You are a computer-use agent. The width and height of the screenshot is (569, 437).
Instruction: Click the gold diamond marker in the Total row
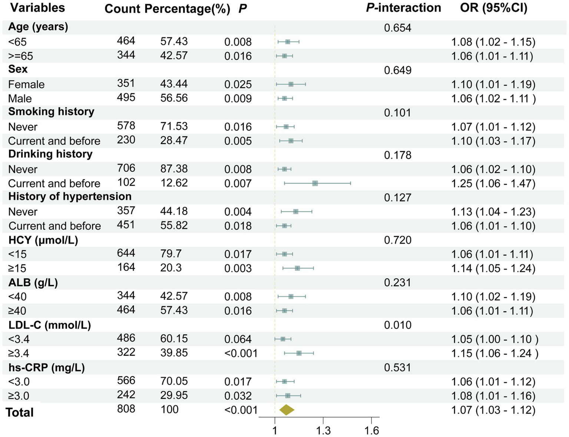pos(287,410)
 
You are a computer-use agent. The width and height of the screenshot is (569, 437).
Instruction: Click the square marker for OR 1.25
pos(315,183)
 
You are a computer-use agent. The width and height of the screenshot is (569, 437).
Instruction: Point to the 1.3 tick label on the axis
pos(323,430)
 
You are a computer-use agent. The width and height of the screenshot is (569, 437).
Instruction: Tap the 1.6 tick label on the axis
pos(371,430)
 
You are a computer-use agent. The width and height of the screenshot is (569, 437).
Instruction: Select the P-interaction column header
pos(403,8)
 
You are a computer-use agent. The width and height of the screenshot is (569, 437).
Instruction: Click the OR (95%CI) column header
pos(493,8)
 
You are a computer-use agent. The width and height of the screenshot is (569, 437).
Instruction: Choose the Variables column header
pos(37,8)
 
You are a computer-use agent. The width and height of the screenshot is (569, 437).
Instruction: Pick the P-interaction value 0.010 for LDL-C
pos(397,325)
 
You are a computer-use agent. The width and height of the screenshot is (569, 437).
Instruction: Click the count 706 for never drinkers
pos(126,168)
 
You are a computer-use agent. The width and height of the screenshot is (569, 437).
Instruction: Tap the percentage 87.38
pos(174,169)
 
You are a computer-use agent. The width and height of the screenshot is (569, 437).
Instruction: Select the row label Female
pos(26,84)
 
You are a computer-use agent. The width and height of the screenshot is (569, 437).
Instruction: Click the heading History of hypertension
pos(70,196)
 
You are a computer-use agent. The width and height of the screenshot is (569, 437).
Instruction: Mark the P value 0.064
pos(238,339)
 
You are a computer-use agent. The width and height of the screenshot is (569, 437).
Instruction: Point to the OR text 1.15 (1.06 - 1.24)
pos(494,353)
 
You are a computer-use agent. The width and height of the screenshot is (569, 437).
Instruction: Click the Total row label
pos(20,412)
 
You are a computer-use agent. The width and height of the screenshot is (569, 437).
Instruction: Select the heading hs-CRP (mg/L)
pos(46,368)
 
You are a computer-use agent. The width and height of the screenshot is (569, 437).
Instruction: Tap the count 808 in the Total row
pos(126,409)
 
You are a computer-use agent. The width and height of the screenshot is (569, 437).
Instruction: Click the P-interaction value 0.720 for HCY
pos(397,240)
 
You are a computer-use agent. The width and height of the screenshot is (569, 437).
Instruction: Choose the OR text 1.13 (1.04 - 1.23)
pos(493,212)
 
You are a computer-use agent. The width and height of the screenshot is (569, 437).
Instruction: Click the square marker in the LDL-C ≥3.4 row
pos(299,353)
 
